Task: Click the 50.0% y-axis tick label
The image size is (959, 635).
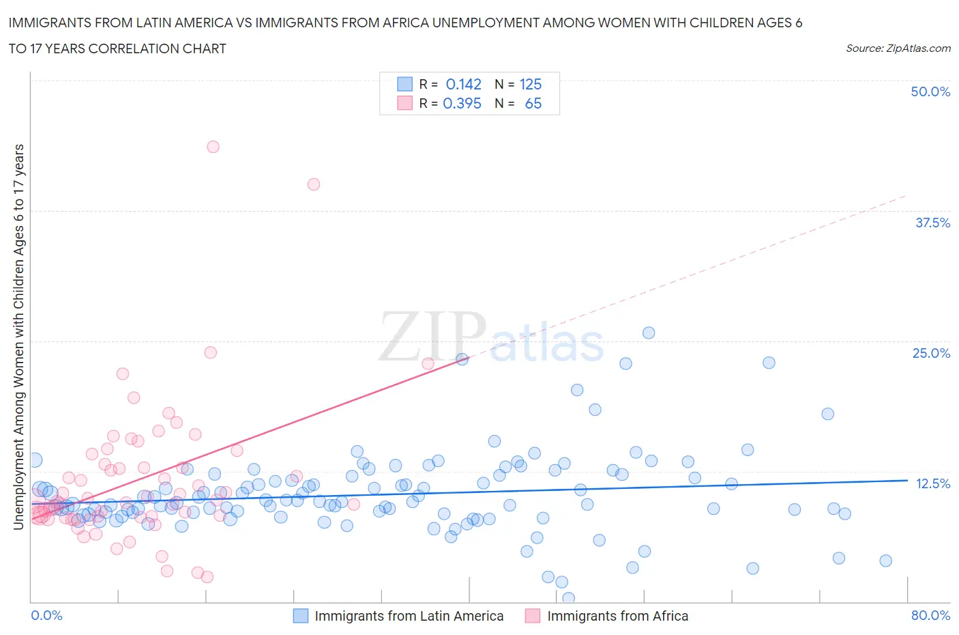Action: (x=930, y=91)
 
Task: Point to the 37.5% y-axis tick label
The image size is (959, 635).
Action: (x=932, y=223)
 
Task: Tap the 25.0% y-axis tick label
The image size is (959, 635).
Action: (x=930, y=353)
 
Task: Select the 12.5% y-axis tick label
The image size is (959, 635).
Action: (x=932, y=483)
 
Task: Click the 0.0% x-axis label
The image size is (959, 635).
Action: (x=46, y=615)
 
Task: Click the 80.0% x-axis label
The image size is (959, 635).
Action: (x=930, y=615)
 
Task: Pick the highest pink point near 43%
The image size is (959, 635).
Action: (x=213, y=147)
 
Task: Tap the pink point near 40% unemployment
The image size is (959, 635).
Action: (x=314, y=184)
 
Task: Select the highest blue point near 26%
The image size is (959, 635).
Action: (x=649, y=333)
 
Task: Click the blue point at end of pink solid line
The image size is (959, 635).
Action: (x=462, y=359)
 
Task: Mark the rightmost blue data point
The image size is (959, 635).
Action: (x=885, y=561)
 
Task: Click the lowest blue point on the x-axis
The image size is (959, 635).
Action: (x=568, y=598)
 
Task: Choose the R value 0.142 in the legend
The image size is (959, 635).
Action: (x=463, y=84)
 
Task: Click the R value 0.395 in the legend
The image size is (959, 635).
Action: (x=462, y=103)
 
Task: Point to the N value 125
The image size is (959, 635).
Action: (x=530, y=84)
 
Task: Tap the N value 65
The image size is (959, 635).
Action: (x=533, y=103)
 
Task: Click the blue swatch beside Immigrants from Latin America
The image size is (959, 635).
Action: (x=301, y=616)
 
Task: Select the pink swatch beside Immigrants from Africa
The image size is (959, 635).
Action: (x=532, y=616)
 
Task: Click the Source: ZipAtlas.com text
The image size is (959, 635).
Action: (x=898, y=48)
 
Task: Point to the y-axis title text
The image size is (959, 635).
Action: (x=19, y=336)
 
